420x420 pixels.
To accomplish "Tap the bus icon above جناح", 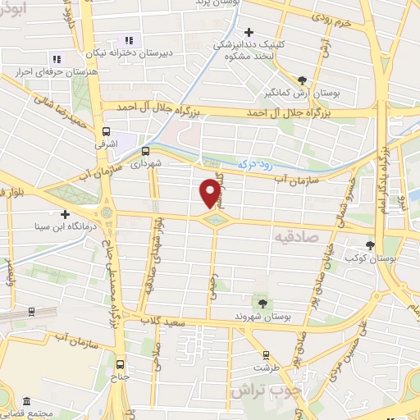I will click(121, 364).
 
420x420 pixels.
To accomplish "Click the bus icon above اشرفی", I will click(106, 131).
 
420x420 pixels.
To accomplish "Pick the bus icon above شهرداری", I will click(145, 151).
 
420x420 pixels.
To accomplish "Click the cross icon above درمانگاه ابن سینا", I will click(65, 214).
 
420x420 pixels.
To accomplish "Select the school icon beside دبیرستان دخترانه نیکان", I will click(128, 40).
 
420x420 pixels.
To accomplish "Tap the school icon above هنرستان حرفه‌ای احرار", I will click(56, 59).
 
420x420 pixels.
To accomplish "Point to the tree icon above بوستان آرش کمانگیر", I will click(303, 80).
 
